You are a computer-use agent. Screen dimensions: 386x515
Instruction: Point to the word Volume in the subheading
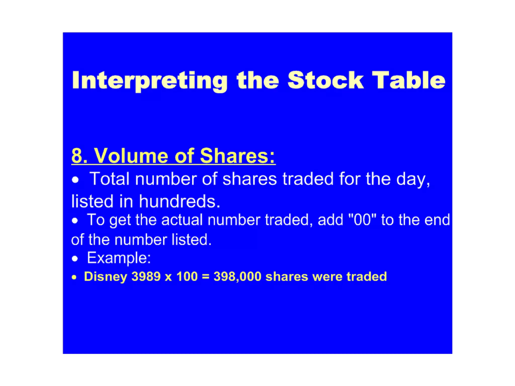tap(131, 156)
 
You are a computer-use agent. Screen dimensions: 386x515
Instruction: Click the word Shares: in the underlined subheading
tap(238, 156)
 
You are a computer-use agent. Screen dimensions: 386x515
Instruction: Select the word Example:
tap(119, 258)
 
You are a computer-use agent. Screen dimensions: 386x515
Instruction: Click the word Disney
tap(106, 277)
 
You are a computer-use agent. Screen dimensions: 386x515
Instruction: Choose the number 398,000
tap(237, 277)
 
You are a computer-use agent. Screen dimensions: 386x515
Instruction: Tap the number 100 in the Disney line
tap(187, 276)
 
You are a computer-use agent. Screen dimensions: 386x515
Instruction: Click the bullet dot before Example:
tap(75, 259)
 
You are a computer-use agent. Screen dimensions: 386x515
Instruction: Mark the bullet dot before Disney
tap(74, 277)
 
